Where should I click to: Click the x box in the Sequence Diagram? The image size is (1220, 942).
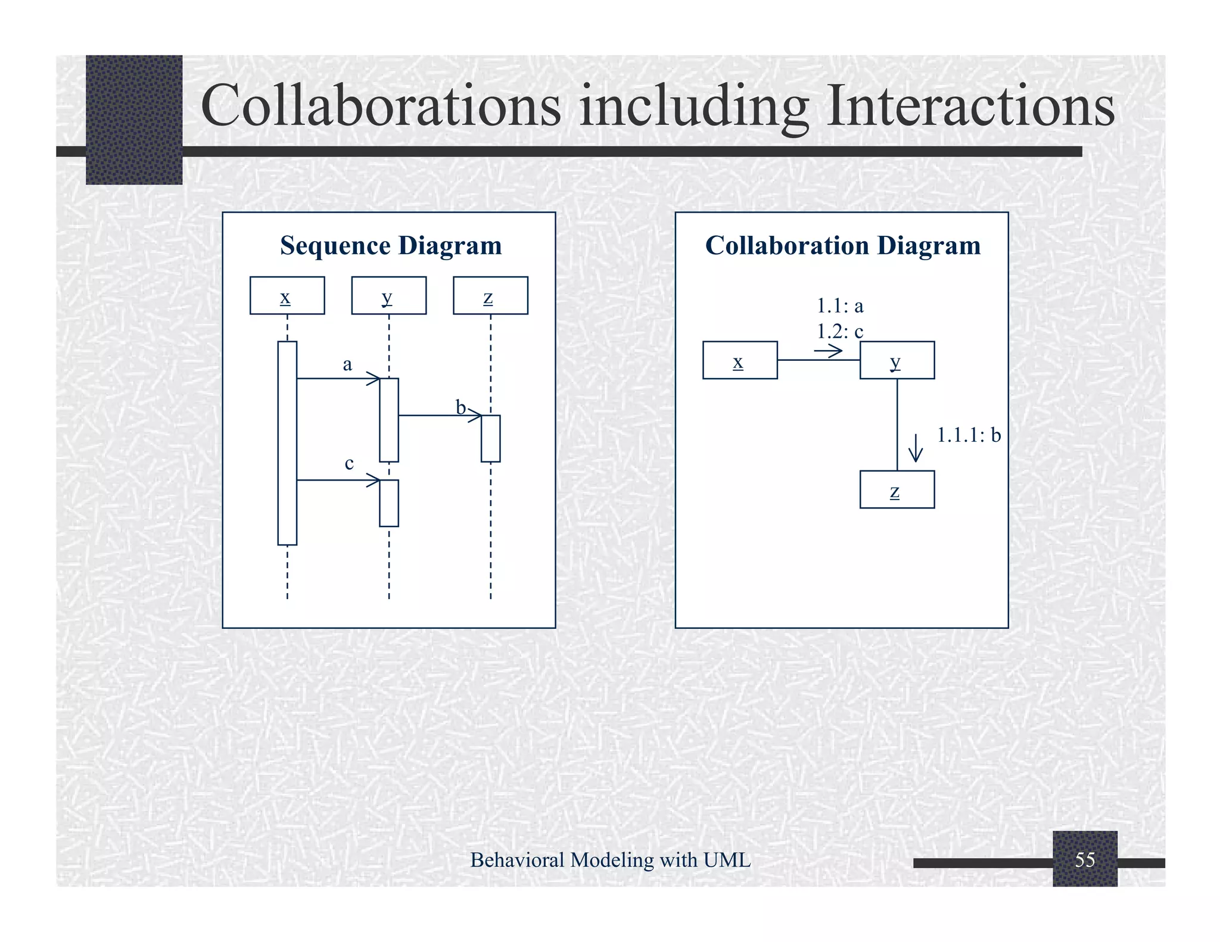tap(287, 295)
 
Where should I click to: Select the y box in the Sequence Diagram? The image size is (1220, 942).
tap(388, 295)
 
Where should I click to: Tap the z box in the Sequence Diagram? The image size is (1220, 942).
tap(490, 295)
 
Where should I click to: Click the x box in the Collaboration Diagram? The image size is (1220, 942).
tap(740, 360)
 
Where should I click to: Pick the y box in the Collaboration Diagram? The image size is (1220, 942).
tap(897, 360)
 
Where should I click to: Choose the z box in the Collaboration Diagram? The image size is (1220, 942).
tap(897, 489)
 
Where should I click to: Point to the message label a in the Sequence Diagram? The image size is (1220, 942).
tap(347, 364)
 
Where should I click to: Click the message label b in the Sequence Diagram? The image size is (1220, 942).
tap(460, 407)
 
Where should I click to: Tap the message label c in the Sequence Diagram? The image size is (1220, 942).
tap(349, 463)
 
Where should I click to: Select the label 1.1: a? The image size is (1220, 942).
tap(840, 306)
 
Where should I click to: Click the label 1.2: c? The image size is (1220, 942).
tap(840, 331)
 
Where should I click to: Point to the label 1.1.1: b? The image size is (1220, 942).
tap(969, 435)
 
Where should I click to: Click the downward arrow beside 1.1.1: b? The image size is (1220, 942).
tap(916, 448)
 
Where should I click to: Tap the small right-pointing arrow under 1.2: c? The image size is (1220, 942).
tap(829, 351)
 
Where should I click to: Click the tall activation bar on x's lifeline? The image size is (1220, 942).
tap(287, 443)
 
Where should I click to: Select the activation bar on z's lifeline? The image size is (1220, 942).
tap(490, 438)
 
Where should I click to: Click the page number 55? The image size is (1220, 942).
tap(1085, 859)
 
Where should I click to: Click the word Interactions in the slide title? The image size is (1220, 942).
tap(970, 105)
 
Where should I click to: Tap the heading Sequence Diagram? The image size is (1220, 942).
tap(391, 245)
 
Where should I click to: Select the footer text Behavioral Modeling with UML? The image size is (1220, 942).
tap(610, 860)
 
